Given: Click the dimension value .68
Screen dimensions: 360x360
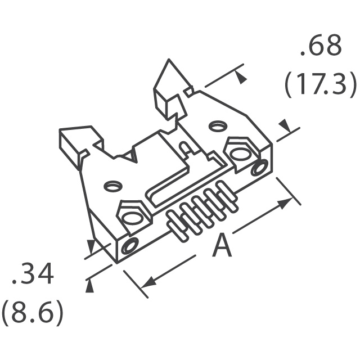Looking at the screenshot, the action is (x=321, y=46).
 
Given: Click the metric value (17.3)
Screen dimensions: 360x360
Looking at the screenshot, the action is (x=321, y=84).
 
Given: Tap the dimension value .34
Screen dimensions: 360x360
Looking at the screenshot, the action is (x=33, y=274).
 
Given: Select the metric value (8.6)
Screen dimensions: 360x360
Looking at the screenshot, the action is (x=32, y=313).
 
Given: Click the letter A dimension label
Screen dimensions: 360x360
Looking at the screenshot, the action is (x=222, y=245).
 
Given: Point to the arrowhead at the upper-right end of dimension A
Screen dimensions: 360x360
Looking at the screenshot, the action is (x=285, y=203).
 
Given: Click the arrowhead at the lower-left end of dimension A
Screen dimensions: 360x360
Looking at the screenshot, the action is (x=147, y=282).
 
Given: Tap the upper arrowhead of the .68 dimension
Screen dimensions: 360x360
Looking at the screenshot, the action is (x=241, y=77).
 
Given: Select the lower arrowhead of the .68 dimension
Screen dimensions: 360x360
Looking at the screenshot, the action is (x=285, y=125).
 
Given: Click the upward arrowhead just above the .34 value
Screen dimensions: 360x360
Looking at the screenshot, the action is (x=89, y=286).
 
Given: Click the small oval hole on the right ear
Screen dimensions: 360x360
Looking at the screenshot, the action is (x=218, y=126).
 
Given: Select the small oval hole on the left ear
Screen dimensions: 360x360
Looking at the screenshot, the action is (x=112, y=186).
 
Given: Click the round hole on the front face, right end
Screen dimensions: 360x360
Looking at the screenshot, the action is (x=260, y=167).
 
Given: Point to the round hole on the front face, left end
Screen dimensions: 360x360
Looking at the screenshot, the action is (x=130, y=246).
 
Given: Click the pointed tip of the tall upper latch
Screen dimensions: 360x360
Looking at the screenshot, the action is (x=169, y=60).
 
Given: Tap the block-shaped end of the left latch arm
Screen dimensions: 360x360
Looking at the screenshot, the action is (x=70, y=147).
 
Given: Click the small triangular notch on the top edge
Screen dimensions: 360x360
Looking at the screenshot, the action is (x=130, y=156).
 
